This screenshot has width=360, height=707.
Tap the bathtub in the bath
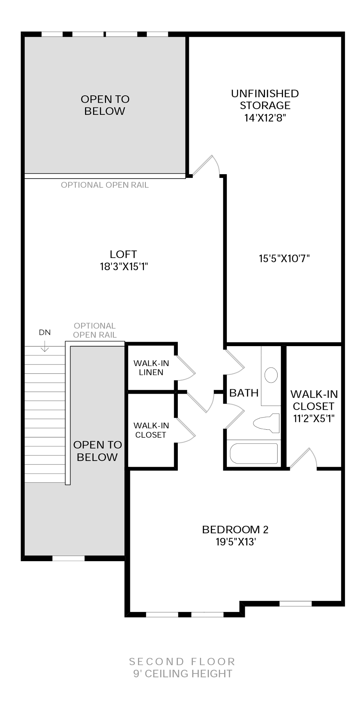254,454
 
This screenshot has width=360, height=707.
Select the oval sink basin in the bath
271,375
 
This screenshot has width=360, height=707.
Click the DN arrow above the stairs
45,346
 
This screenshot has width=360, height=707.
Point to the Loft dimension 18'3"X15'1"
124,267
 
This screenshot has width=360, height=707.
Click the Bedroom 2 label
235,530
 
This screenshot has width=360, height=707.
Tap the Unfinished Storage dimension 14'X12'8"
265,118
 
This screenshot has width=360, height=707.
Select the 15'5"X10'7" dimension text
284,258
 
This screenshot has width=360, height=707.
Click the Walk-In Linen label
151,367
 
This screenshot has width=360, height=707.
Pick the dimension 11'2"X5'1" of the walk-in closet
314,419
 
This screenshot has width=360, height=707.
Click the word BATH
244,393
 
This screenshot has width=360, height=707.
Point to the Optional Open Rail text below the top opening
105,185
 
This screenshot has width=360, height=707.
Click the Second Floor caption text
182,662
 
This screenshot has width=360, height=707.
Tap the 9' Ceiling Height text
183,673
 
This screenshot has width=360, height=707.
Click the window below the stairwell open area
68,558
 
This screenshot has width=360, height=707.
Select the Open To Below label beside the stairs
97,451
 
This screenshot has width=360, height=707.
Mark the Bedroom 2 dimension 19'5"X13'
236,542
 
